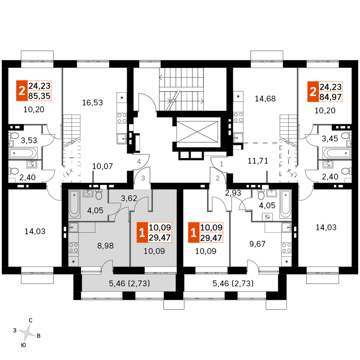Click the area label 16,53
pos(92,102)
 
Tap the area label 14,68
pos(265,99)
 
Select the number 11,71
pos(258,161)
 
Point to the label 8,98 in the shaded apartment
pos(105,246)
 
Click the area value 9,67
pos(257,244)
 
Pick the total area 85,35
pos(39,96)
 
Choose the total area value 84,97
pos(330,97)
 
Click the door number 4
pos(139,162)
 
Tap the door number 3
pos(143,178)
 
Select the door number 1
pos(222,164)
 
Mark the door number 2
pos(217,178)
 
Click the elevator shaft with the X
pos(197,132)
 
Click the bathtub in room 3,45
pos(337,153)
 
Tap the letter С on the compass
pos(30,320)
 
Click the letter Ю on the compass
pos(23,345)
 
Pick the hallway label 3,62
pos(129,198)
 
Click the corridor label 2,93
pos(233,193)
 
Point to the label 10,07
pos(103,166)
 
